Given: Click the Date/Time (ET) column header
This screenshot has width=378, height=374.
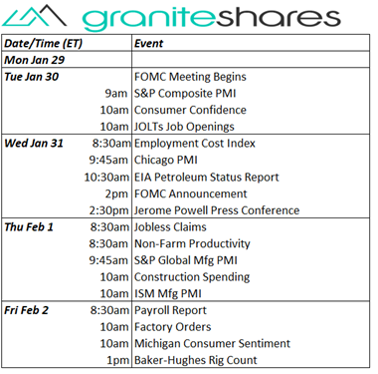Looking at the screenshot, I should pyautogui.click(x=46, y=45).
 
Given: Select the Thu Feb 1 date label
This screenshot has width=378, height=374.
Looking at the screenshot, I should pyautogui.click(x=33, y=227).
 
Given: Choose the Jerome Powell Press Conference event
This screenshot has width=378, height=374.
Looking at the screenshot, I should pyautogui.click(x=216, y=210).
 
